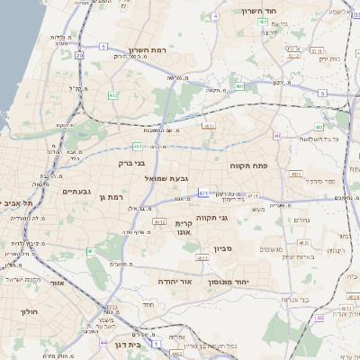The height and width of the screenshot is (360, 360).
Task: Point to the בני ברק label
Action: pos(131,163)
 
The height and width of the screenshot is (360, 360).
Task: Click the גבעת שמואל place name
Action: pos(166,178)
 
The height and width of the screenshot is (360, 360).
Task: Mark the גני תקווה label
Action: pos(237,217)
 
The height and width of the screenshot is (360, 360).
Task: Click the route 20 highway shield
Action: pos(79,55)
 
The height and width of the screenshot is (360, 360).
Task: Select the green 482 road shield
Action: pos(113,94)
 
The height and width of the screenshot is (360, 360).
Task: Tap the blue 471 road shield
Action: pos(204,193)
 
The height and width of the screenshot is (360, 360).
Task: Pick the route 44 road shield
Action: pos(104,343)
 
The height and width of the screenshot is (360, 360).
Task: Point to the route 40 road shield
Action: pos(278,136)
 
